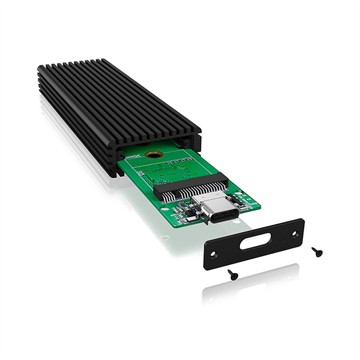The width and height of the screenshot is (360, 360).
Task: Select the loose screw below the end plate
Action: click(232, 274)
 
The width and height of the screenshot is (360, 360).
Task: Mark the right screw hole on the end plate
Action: click(295, 232)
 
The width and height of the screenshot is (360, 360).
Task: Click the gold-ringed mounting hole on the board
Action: click(154, 154)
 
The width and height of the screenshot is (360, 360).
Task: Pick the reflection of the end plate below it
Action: click(252, 288)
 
